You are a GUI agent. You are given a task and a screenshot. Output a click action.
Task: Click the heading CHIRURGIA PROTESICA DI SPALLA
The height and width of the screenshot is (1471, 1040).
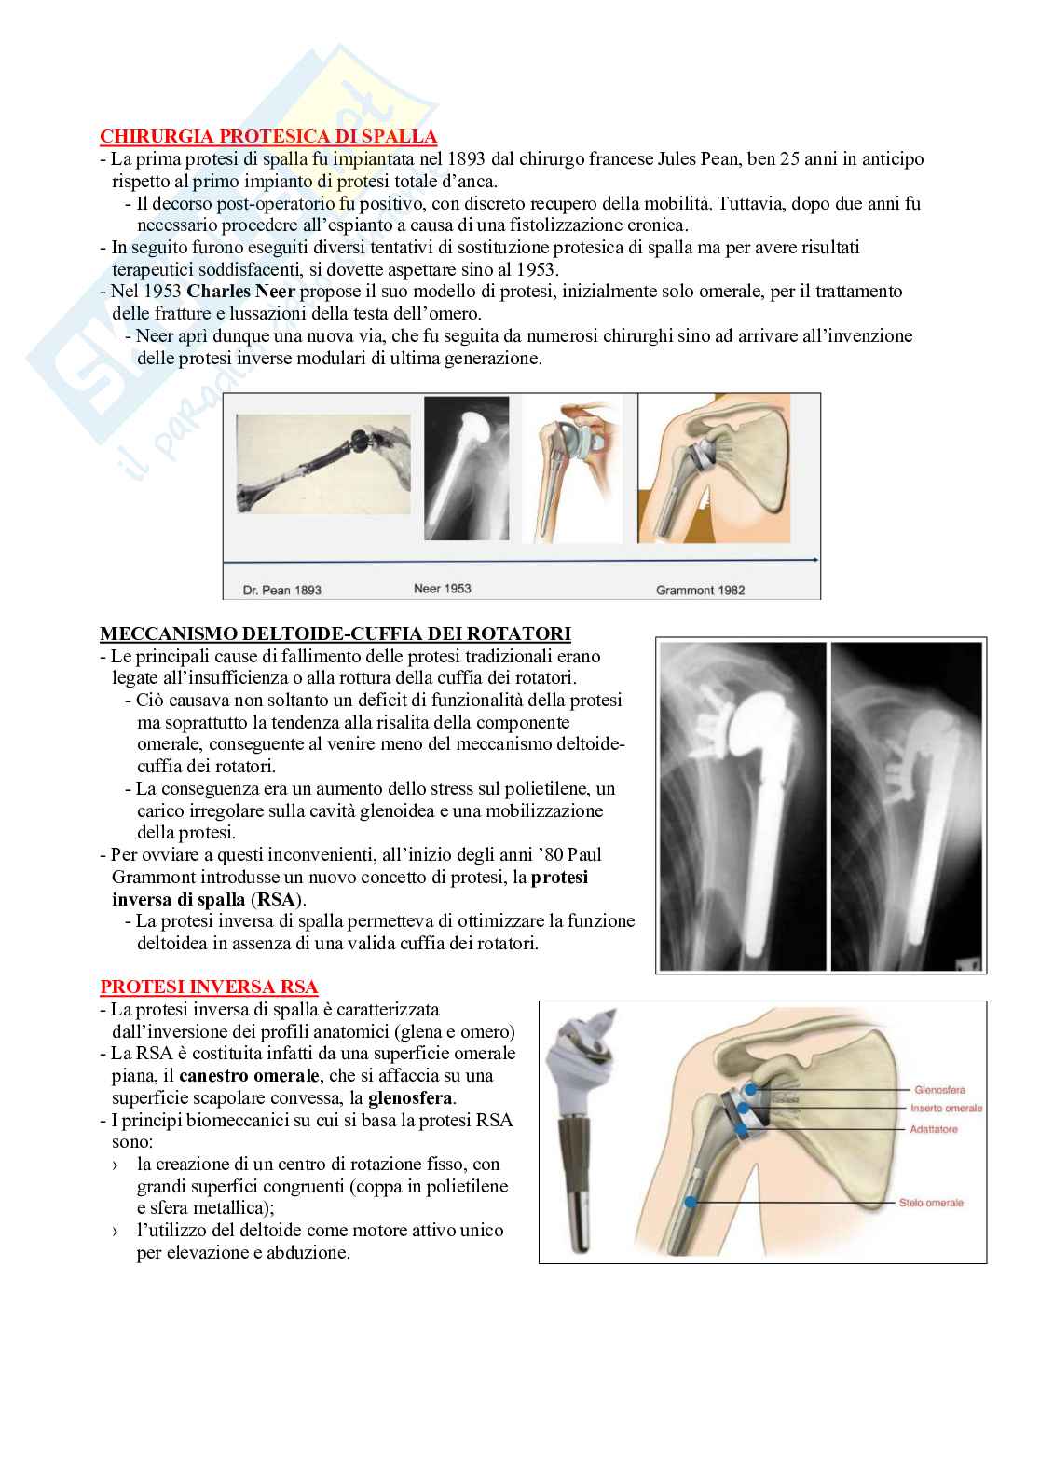[268, 136]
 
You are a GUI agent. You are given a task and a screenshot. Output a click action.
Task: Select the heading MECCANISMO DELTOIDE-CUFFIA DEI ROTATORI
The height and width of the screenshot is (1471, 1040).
[335, 633]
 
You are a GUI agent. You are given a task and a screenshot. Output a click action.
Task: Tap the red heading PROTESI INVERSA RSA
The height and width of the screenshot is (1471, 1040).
[209, 987]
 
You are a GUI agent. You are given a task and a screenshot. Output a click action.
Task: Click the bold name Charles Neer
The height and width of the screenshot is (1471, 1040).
[240, 291]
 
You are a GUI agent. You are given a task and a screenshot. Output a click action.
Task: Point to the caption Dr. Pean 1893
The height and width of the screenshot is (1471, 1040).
[281, 591]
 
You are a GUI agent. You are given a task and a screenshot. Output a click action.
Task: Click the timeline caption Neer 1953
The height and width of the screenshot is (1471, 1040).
[442, 589]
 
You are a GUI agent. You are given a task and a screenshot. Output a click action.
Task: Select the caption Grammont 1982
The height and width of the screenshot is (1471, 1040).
[701, 591]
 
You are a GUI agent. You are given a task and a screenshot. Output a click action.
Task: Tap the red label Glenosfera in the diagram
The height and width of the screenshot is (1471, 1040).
[939, 1089]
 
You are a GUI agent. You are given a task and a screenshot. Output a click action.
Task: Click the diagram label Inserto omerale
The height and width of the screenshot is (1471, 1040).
[946, 1108]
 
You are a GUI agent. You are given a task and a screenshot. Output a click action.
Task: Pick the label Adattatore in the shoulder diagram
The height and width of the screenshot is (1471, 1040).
[934, 1129]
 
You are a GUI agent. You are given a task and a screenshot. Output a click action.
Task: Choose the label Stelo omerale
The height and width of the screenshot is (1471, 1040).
[931, 1203]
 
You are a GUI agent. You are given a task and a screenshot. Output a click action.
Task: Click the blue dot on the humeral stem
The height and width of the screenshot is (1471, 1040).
[691, 1202]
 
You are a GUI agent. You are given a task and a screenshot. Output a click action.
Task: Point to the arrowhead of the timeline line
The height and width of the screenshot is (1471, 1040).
[816, 560]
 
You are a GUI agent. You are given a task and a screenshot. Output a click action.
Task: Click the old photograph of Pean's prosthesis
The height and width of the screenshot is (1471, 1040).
[323, 464]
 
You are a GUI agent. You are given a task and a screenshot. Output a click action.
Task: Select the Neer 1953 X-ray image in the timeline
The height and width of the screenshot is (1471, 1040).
[467, 469]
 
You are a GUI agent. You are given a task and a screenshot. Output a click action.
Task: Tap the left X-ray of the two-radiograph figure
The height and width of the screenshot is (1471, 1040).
[743, 806]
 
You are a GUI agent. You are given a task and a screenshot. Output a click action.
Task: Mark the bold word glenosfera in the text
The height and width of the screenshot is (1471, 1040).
[410, 1097]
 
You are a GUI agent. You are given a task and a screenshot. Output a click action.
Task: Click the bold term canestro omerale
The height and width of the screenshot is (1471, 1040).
[249, 1076]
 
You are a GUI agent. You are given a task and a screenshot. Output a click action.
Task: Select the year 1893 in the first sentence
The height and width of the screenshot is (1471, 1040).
[466, 159]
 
